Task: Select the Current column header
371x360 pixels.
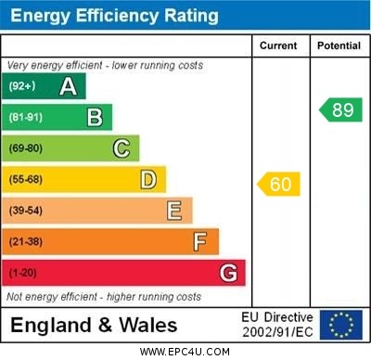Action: point(278,45)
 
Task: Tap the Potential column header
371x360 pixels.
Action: point(339,45)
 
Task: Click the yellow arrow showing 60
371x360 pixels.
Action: point(279,184)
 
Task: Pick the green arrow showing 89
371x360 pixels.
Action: point(340,109)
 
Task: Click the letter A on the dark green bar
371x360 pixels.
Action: point(68,86)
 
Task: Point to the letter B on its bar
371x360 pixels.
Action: point(95,117)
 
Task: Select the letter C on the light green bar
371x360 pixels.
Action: point(122,148)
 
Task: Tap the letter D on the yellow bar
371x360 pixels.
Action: point(148,179)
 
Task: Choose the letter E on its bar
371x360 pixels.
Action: point(174,211)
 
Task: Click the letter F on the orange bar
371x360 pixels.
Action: point(200,242)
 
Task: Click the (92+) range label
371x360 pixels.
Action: point(23,86)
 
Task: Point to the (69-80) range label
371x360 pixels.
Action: point(26,148)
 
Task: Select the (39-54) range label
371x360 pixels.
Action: point(26,211)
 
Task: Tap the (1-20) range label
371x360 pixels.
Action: point(23,273)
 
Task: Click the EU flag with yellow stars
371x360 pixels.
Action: point(341,325)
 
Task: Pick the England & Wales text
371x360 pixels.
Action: point(94,325)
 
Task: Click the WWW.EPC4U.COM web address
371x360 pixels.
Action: point(185,352)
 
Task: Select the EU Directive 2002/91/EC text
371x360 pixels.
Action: point(277,325)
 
